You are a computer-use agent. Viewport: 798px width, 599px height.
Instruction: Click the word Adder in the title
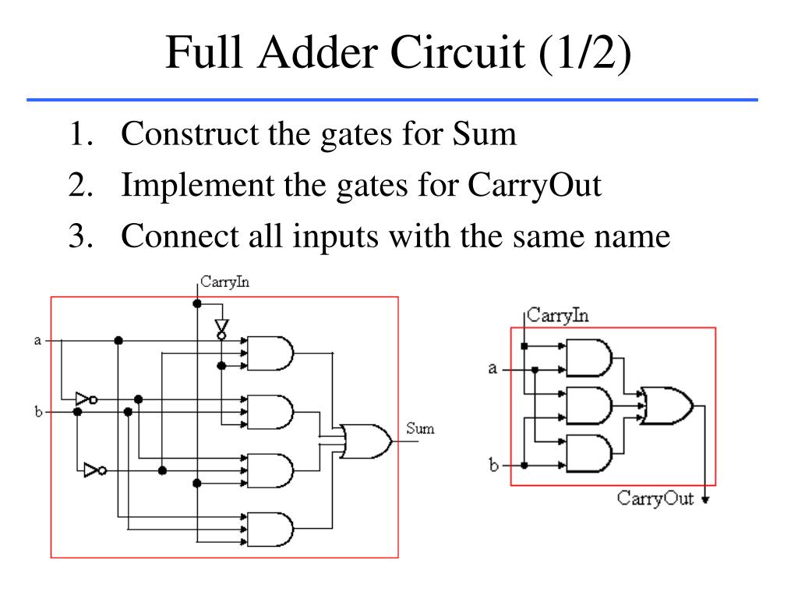[x=319, y=52]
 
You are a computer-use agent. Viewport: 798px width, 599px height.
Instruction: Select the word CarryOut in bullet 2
[x=535, y=186]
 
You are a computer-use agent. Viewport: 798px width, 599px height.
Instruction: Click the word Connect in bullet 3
[x=180, y=236]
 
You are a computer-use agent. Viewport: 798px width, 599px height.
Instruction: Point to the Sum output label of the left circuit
[x=420, y=428]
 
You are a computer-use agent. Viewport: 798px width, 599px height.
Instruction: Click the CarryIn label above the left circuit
[x=224, y=282]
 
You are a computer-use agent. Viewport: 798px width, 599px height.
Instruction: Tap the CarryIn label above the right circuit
[x=557, y=315]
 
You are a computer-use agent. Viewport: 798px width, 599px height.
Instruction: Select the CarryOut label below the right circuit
[x=655, y=498]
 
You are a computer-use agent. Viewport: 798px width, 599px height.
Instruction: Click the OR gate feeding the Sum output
[x=366, y=441]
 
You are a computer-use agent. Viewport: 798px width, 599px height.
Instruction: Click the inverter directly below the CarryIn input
[x=221, y=329]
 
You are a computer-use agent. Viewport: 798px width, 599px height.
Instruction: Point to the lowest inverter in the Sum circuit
[x=95, y=470]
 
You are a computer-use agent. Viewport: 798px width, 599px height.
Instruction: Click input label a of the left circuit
[x=37, y=340]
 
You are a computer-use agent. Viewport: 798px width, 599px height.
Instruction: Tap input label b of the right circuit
[x=493, y=465]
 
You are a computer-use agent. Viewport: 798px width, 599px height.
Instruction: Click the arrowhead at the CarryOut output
[x=704, y=500]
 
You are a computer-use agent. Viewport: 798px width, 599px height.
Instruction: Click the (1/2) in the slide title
[x=584, y=53]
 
